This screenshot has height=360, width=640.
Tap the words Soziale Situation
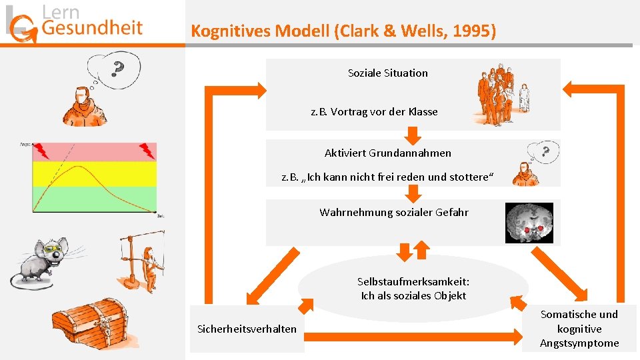point(388,73)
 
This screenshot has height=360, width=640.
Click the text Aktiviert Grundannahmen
point(388,153)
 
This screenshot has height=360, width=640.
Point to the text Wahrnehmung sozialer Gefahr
point(394,212)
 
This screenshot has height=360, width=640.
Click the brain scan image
point(529,223)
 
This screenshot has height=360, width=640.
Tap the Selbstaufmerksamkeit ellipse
point(413,289)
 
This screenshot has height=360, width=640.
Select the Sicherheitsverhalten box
point(247,329)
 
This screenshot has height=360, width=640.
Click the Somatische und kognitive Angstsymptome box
point(579,329)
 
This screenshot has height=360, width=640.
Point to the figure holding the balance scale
point(143,257)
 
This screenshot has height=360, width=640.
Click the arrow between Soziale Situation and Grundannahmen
point(414,135)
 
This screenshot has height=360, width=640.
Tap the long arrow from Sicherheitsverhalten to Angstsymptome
point(413,330)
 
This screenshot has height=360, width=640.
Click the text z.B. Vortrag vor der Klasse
point(374,111)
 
